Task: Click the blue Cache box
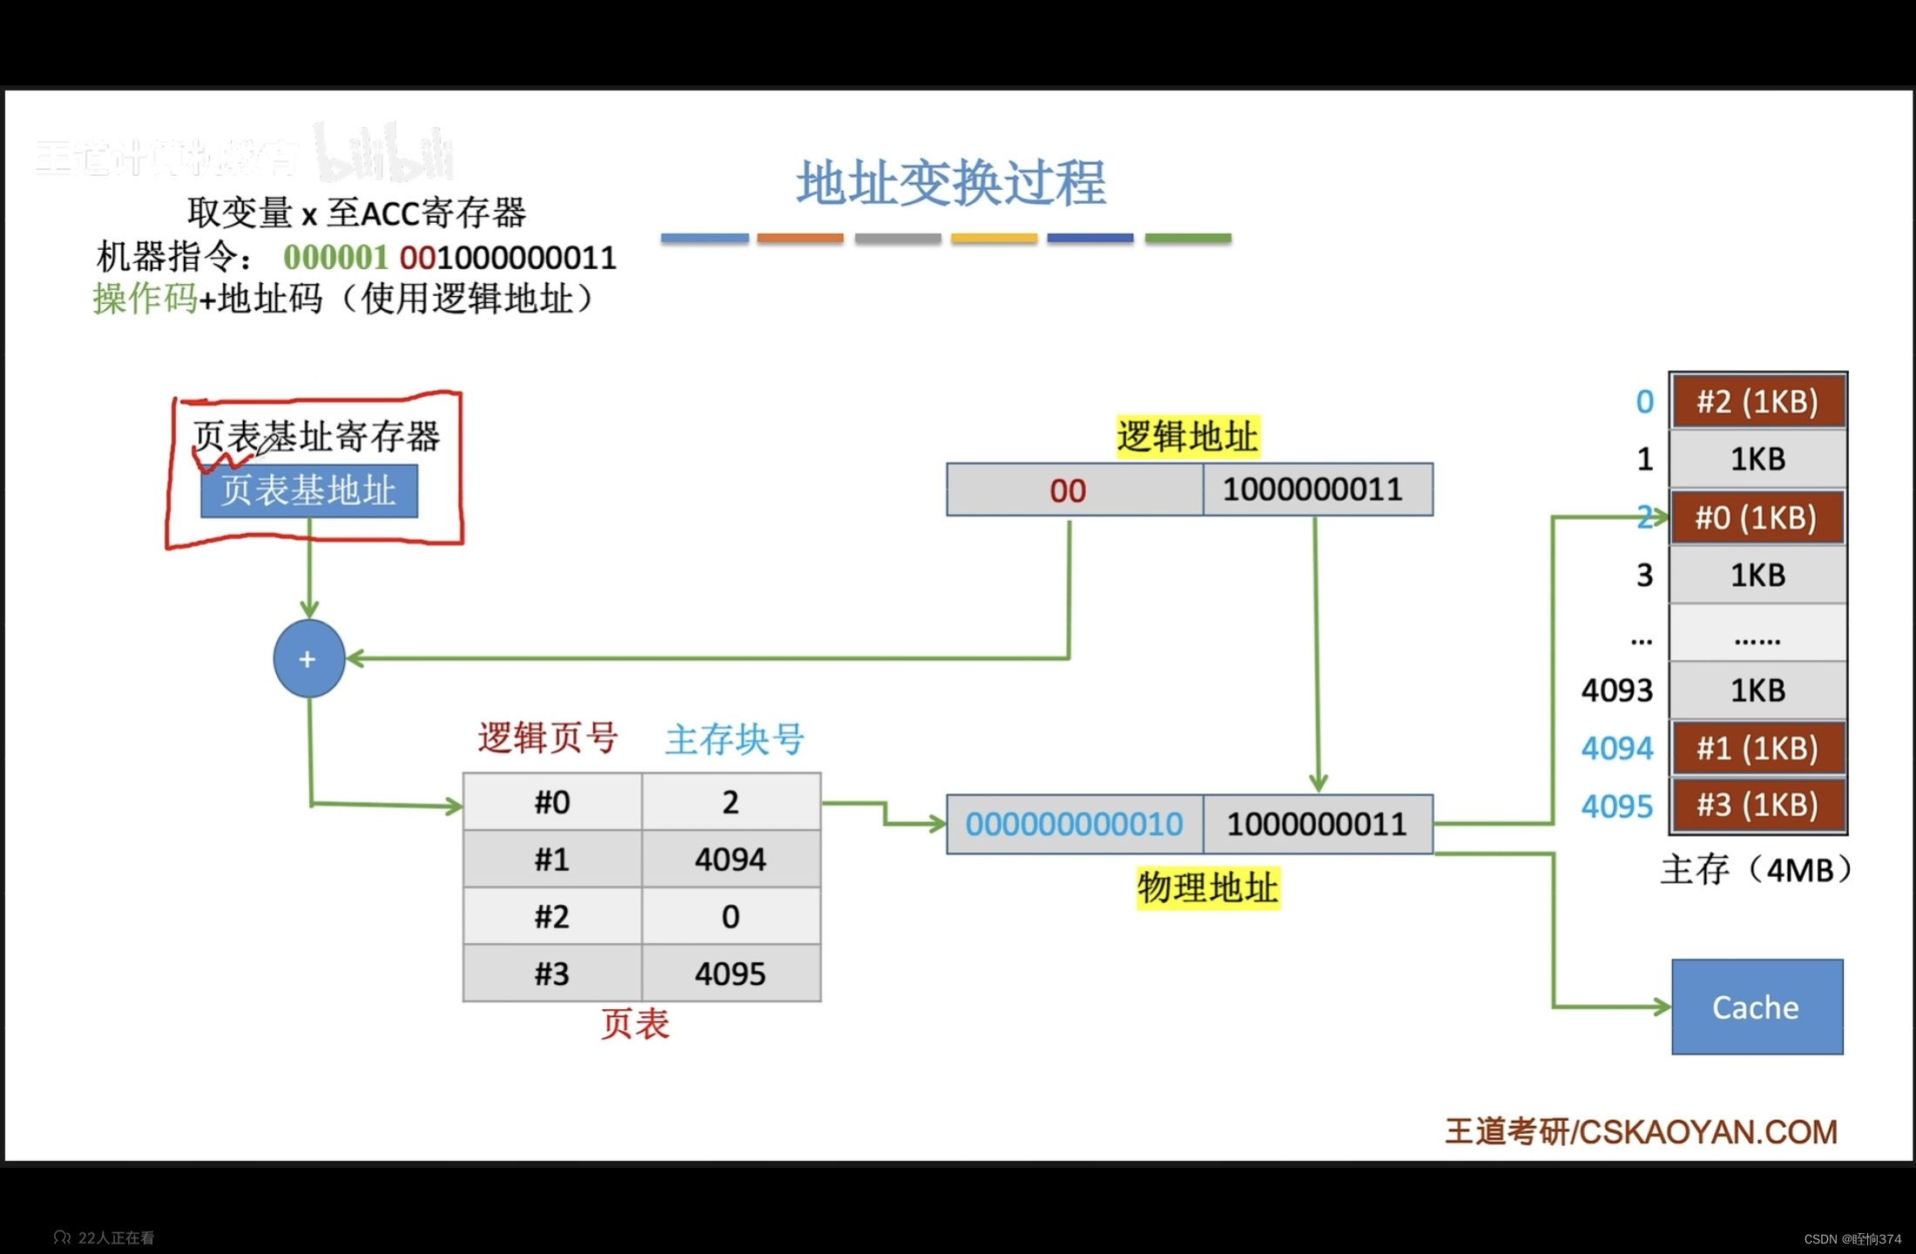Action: pos(1757,1007)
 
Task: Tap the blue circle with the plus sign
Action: pos(308,658)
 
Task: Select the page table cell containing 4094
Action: pos(731,860)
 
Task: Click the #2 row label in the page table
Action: pos(552,916)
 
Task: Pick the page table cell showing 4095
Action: pos(731,974)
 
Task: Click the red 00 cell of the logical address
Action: pos(1068,490)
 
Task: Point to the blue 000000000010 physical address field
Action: pos(1074,824)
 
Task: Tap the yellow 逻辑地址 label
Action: pos(1188,436)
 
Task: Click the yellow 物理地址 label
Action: pos(1208,888)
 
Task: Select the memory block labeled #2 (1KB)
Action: pos(1757,401)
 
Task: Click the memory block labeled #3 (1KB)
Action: pos(1757,805)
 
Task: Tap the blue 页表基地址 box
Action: pos(309,491)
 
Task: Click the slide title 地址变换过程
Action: pos(951,184)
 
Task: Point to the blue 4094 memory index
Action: pos(1616,748)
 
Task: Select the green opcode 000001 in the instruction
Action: pos(335,258)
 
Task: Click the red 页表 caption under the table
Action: pos(635,1024)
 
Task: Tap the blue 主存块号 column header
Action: pos(734,738)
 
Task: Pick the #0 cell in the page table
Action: pos(552,802)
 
